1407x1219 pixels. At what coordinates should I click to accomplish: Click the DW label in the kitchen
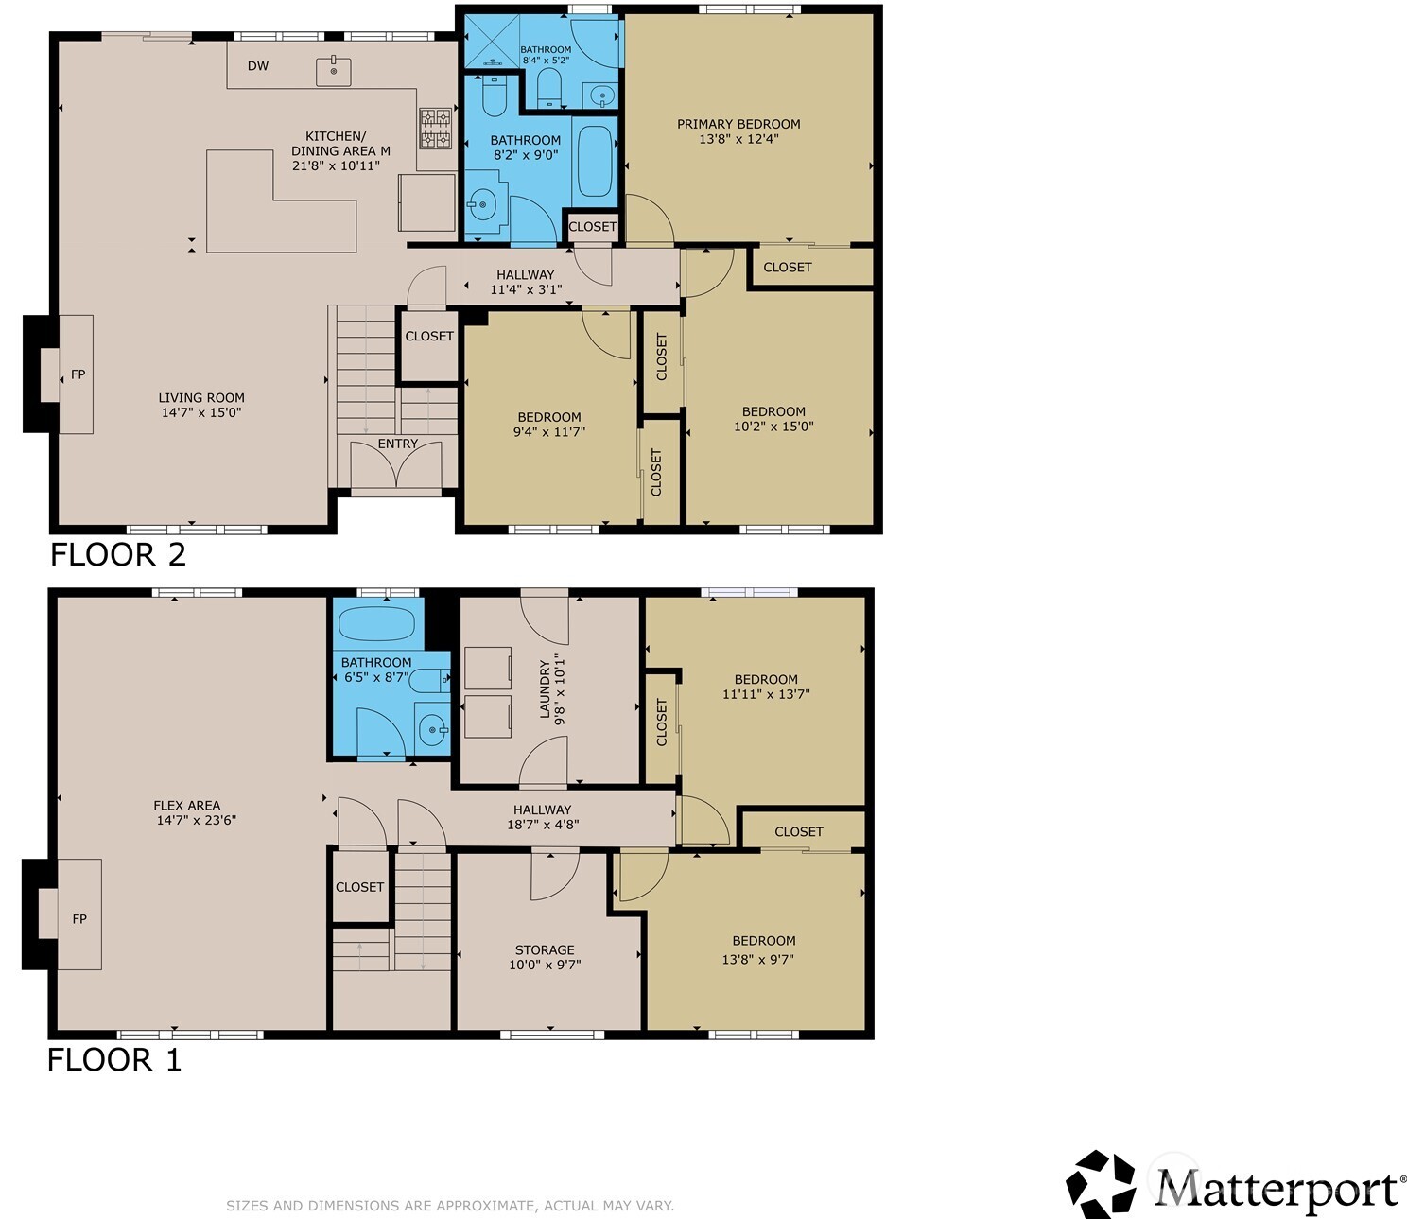click(x=258, y=66)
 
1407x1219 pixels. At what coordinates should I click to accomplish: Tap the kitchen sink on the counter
click(x=334, y=71)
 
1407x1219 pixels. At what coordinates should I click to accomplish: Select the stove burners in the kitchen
click(x=435, y=129)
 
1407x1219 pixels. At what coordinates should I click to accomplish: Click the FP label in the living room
click(x=78, y=374)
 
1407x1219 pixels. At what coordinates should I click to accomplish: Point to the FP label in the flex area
click(x=79, y=918)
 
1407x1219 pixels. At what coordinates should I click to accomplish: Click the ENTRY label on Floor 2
click(x=398, y=444)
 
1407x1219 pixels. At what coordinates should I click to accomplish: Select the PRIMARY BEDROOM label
click(x=738, y=124)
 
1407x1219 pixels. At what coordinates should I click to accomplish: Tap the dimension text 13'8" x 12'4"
click(x=738, y=139)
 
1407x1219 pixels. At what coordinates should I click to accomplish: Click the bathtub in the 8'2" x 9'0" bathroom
click(x=594, y=161)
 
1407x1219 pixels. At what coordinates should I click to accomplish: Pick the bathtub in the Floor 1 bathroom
click(x=376, y=624)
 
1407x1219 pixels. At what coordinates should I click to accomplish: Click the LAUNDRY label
click(x=546, y=689)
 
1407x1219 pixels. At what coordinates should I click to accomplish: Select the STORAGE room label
click(x=545, y=949)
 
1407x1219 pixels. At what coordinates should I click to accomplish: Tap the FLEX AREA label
click(x=187, y=806)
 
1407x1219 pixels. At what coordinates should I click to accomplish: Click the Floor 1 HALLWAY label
click(x=543, y=810)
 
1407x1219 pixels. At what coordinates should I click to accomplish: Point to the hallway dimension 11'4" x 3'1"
click(x=526, y=289)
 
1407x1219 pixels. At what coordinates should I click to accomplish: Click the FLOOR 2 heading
click(x=118, y=554)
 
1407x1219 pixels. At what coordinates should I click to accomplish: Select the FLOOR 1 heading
click(x=114, y=1060)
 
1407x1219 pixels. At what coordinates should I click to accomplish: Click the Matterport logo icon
click(x=1101, y=1183)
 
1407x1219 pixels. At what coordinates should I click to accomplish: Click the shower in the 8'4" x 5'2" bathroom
click(x=490, y=41)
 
